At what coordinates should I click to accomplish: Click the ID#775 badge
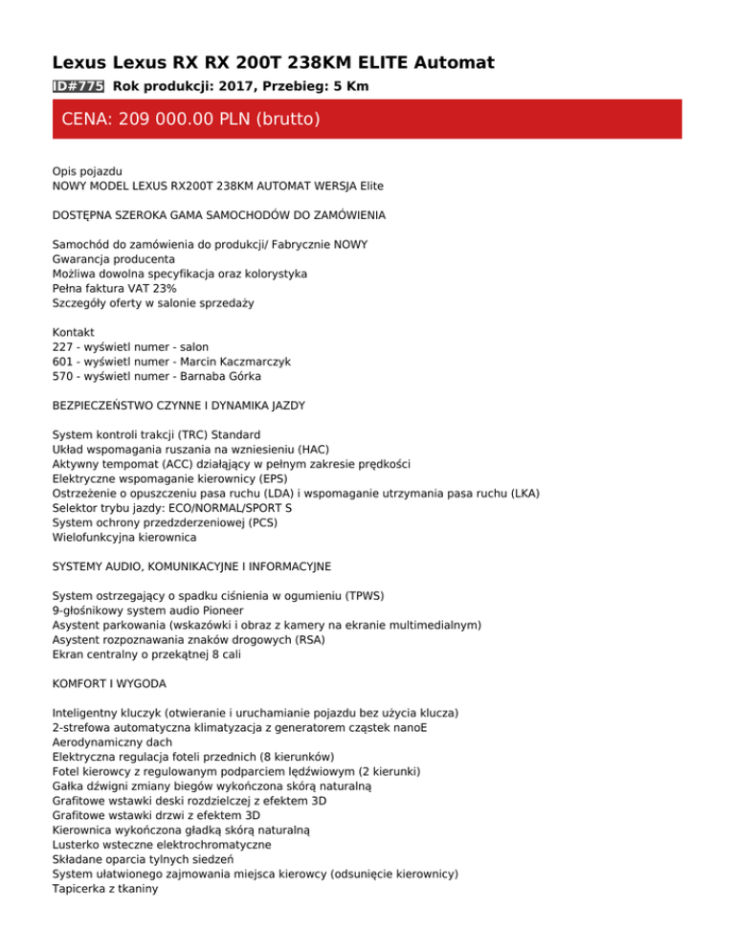(78, 86)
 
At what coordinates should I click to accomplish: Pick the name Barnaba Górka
(219, 376)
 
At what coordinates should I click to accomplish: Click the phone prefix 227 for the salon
(63, 346)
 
